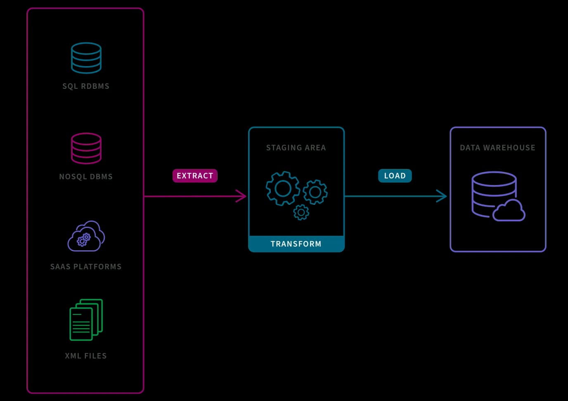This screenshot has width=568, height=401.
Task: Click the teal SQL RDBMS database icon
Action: tap(86, 58)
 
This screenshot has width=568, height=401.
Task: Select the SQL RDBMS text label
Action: tap(86, 86)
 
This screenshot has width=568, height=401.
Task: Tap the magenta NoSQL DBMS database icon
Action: tap(86, 148)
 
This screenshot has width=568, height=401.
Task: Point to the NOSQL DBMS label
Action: tap(86, 177)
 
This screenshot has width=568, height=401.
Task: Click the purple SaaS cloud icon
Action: tap(86, 236)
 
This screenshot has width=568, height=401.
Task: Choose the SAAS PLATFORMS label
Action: tap(86, 267)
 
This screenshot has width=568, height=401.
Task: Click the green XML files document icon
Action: tap(86, 320)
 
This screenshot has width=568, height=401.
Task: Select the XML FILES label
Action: tap(86, 356)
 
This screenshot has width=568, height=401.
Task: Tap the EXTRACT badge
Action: tap(195, 176)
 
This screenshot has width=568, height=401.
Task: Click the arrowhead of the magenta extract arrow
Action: tap(242, 196)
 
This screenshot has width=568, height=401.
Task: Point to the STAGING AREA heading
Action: tap(296, 148)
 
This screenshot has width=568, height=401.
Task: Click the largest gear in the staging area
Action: tap(283, 189)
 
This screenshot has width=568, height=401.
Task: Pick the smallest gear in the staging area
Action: tap(301, 212)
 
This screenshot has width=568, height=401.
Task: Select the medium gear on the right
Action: tap(315, 192)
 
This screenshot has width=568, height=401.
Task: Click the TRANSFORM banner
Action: tap(296, 244)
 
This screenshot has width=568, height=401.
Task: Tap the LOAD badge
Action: tap(395, 176)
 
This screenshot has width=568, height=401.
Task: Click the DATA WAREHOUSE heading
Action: tap(497, 148)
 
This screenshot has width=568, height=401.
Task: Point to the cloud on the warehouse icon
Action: tap(509, 211)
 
